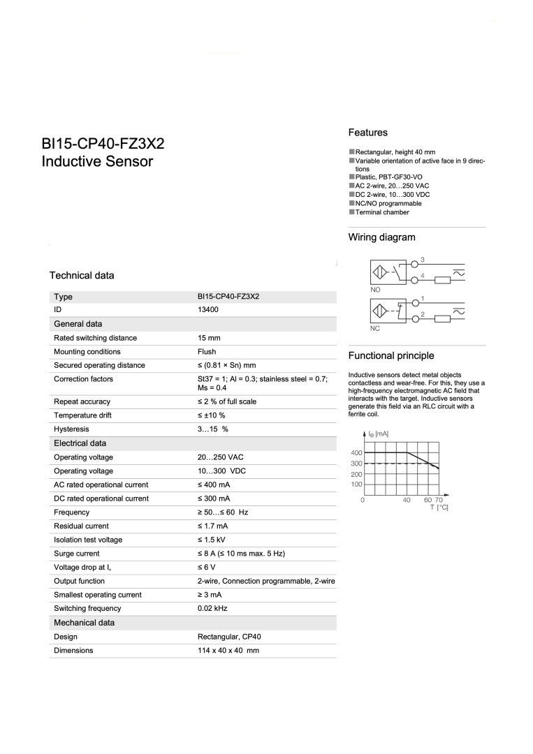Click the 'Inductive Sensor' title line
[97, 162]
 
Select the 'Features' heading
[367, 133]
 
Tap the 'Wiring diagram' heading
[381, 237]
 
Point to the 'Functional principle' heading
[390, 355]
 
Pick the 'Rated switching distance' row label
[95, 338]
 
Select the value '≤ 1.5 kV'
[212, 540]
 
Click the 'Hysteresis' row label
[71, 429]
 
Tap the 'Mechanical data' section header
[84, 622]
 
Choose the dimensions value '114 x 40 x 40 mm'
[228, 650]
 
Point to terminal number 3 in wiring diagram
[423, 260]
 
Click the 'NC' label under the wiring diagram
[375, 328]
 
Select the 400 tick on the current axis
[356, 453]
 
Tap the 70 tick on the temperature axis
[439, 500]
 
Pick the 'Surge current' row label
[76, 554]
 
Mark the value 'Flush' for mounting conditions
[207, 352]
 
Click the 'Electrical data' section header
[80, 443]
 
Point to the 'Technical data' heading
[82, 275]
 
